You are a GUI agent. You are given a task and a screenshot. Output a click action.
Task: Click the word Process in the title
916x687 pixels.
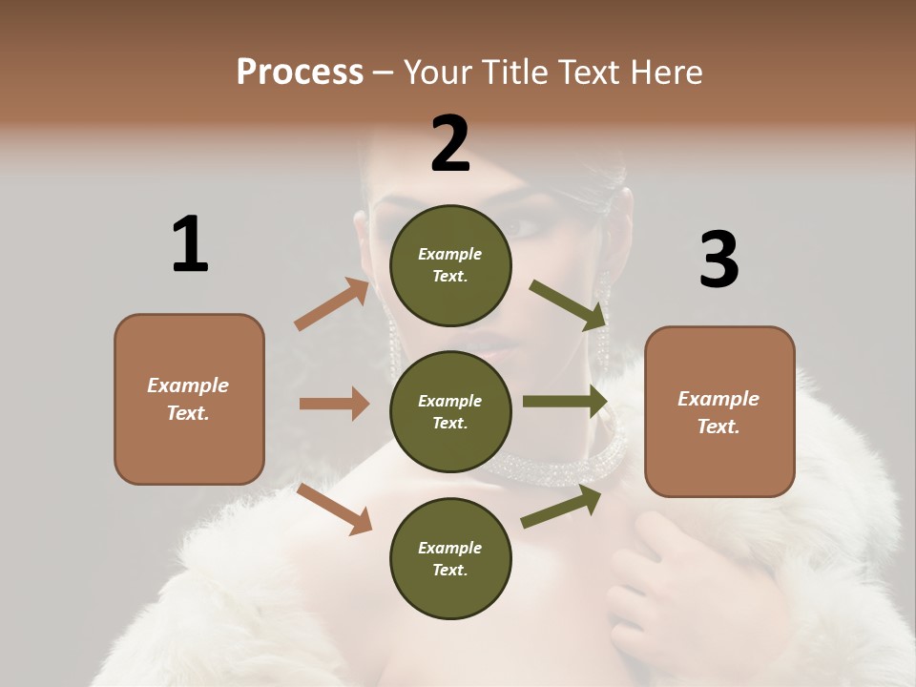[300, 72]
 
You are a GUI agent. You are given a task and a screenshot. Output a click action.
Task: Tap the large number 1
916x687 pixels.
[190, 244]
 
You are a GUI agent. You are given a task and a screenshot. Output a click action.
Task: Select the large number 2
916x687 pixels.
[450, 144]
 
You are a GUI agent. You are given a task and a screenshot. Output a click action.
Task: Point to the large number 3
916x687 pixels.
[718, 260]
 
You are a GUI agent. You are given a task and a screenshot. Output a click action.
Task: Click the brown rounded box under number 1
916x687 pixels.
[189, 399]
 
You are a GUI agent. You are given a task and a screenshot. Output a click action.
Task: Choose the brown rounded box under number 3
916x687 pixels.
[719, 411]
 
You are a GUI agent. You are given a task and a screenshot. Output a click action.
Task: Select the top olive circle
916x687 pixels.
[450, 265]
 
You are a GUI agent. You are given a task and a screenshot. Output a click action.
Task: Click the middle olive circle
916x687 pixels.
[450, 411]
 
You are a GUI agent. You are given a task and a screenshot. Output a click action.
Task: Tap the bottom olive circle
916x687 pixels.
[450, 558]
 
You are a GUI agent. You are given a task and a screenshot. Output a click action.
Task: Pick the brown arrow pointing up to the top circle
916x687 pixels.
[332, 304]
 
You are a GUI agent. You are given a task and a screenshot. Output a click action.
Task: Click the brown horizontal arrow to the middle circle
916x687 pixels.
[334, 404]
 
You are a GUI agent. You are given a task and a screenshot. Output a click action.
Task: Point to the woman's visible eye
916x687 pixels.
[523, 227]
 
